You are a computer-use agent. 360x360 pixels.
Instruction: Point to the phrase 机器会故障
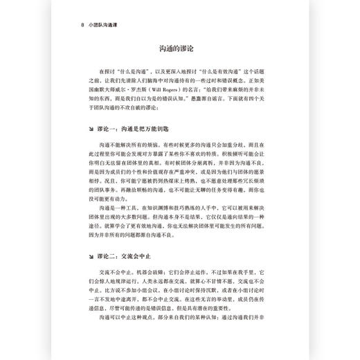(x=141, y=273)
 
